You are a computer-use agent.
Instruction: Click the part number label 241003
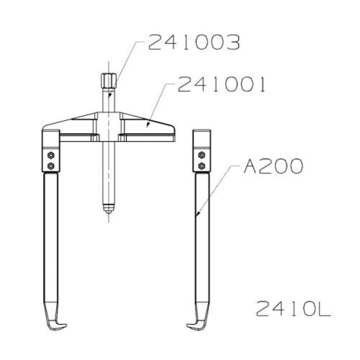click(194, 42)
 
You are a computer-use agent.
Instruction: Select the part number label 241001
click(222, 84)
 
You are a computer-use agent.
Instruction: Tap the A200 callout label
click(273, 166)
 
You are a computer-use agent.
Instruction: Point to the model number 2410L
click(293, 309)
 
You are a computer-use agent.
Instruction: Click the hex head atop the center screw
click(109, 81)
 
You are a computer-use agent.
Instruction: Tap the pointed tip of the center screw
click(109, 212)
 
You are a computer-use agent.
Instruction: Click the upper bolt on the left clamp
click(51, 155)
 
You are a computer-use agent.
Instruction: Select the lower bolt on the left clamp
click(51, 166)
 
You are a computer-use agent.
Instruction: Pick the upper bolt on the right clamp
click(202, 155)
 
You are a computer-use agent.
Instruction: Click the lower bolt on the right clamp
click(202, 166)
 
